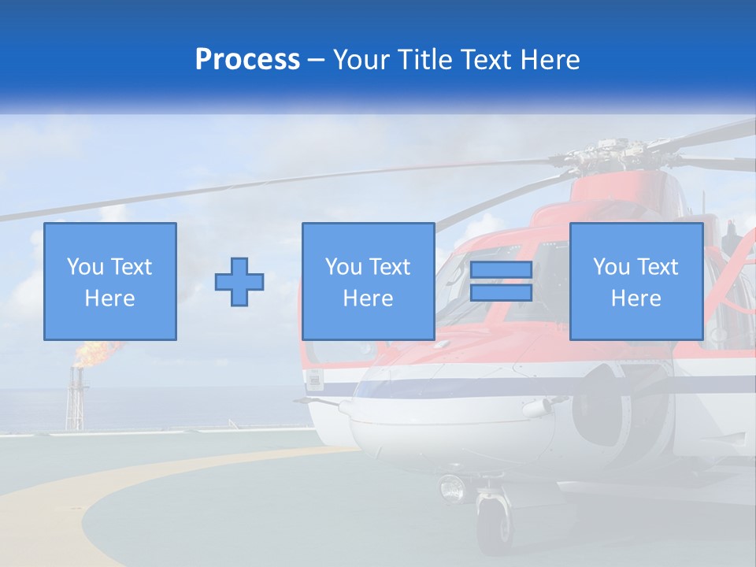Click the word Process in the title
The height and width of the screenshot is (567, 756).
tap(247, 60)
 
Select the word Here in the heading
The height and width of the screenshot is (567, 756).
tap(545, 60)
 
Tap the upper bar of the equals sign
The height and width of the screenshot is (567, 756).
tap(501, 270)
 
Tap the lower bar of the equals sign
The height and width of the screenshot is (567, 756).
tap(501, 293)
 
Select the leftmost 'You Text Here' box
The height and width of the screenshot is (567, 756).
tap(110, 281)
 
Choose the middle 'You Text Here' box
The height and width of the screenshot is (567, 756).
tap(368, 281)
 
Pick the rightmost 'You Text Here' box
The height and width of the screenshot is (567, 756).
tap(636, 281)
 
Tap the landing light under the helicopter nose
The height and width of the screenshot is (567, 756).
tap(453, 488)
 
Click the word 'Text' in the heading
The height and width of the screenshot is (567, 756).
tap(485, 60)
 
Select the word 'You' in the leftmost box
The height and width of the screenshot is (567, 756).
tap(86, 267)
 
